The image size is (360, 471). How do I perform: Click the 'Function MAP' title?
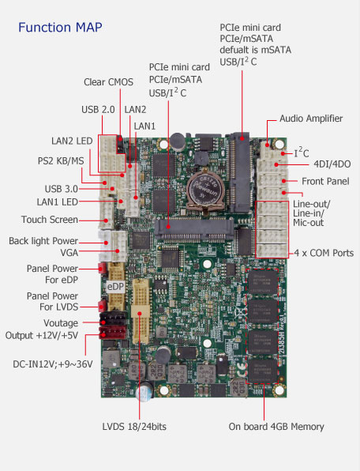(60, 28)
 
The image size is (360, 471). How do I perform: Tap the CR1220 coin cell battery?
(205, 188)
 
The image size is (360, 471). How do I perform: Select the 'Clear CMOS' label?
(108, 82)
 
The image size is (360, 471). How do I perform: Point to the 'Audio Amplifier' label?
(311, 119)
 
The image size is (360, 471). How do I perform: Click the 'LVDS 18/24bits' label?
(134, 427)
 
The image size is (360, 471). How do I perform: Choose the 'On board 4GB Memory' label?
(276, 427)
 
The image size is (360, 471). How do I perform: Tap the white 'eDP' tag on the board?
(116, 287)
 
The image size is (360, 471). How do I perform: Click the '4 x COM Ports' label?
(324, 253)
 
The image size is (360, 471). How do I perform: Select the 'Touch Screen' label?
(50, 220)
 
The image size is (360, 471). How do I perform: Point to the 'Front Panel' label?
(325, 182)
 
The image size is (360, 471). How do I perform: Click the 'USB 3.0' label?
(62, 189)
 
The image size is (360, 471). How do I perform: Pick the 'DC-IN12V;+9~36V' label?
(52, 364)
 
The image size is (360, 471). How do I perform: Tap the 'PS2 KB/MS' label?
(61, 161)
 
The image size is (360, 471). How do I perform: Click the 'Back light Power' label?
(43, 241)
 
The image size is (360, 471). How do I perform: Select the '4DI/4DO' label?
(332, 164)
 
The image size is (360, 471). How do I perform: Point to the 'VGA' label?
(69, 253)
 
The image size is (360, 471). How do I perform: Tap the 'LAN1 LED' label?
(58, 202)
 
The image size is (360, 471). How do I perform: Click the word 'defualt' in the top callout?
(236, 50)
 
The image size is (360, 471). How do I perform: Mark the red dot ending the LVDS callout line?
(140, 314)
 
